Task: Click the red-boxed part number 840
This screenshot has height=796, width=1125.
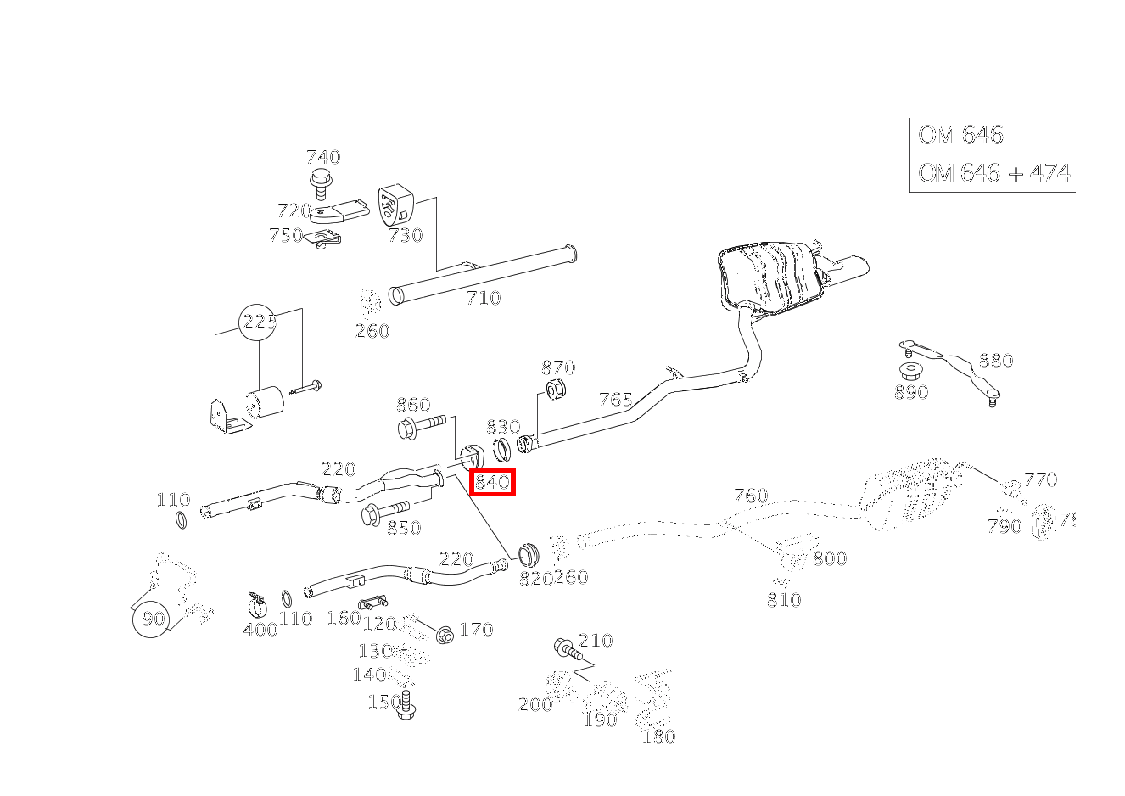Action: pos(492,483)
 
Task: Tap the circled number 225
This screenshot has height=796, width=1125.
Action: pos(260,322)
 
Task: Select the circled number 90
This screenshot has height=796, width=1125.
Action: pos(153,619)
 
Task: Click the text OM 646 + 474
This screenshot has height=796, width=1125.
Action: pos(993,174)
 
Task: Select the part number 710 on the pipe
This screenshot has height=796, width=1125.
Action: pos(483,298)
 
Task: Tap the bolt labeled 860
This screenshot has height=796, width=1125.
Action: pos(421,426)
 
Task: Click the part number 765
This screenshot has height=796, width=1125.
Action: pos(615,400)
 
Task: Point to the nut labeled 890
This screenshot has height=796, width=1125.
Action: pos(910,373)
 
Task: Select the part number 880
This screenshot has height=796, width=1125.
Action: pos(995,361)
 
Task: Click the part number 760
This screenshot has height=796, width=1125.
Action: pos(750,496)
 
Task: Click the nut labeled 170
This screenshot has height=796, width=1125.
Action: pos(444,634)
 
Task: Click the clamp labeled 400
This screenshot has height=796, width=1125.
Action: pos(257,605)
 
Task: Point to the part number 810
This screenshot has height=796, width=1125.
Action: pos(783,600)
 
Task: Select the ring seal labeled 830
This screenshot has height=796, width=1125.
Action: pos(502,446)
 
